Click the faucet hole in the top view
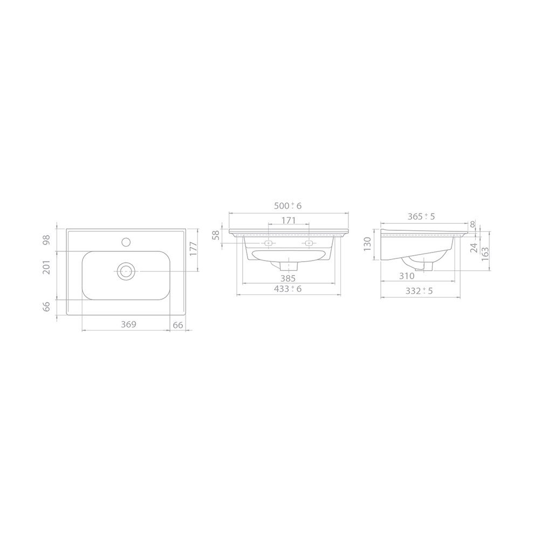pos(126,242)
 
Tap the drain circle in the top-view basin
pos(126,271)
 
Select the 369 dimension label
pos(129,324)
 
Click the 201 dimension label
pos(46,267)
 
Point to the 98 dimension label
pos(46,239)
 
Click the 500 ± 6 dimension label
pos(288,206)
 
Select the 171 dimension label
pos(289,221)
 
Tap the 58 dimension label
pos(216,235)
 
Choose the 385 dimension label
pos(288,278)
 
